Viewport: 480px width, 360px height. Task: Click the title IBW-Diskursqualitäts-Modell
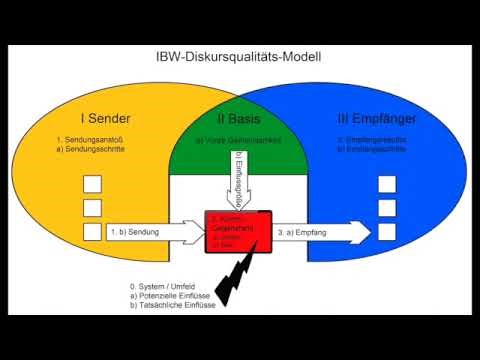coord(239,59)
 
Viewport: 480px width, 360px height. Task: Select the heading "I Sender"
coord(109,119)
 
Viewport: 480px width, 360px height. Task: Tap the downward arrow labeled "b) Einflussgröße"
coord(238,180)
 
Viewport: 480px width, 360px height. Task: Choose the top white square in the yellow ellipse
coord(92,185)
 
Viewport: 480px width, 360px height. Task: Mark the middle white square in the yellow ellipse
coord(92,208)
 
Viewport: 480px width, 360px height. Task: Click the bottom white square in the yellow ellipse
coord(92,232)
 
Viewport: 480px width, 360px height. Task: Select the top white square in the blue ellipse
coord(386,185)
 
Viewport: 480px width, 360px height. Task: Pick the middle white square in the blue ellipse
coord(386,208)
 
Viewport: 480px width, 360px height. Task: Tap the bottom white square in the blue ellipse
coord(386,232)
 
